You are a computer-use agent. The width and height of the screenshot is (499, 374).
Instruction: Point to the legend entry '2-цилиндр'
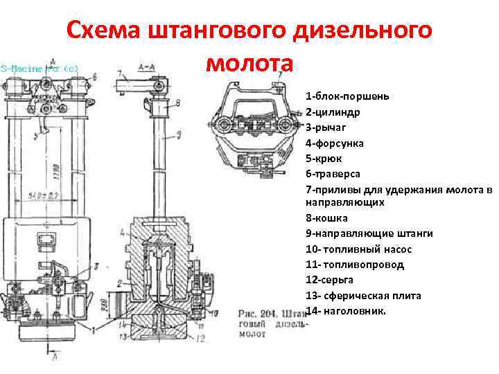332,112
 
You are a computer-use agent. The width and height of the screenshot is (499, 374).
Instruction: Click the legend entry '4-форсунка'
334,143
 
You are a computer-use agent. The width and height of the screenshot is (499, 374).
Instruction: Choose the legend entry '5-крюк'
324,158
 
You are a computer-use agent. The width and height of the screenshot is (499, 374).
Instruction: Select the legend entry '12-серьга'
329,279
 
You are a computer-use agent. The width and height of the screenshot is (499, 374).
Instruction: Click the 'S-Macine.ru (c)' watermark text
39,69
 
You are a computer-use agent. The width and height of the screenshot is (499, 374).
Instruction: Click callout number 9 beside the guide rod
178,134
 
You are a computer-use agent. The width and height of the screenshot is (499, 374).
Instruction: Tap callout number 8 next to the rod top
178,103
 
